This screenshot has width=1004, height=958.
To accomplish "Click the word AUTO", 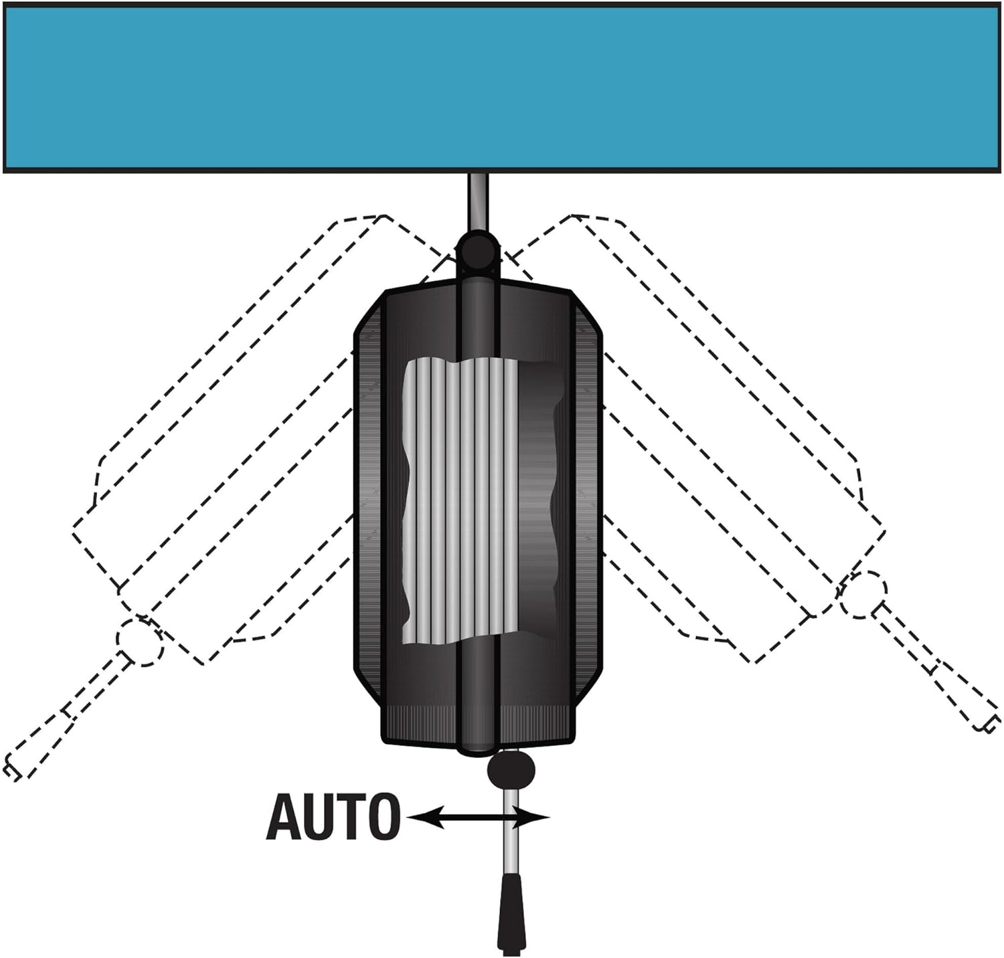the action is click(x=333, y=817).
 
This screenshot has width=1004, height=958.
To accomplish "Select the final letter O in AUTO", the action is click(x=384, y=817).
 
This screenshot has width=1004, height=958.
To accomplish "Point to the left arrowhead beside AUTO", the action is click(x=426, y=817).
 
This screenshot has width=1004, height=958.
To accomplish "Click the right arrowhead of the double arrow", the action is click(x=533, y=817).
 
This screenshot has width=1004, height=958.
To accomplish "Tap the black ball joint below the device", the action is click(x=511, y=770).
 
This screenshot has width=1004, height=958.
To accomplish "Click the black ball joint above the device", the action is click(x=477, y=250).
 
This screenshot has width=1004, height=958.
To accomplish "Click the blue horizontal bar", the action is click(x=502, y=88).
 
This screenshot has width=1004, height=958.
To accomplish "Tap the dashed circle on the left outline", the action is click(x=140, y=640).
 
